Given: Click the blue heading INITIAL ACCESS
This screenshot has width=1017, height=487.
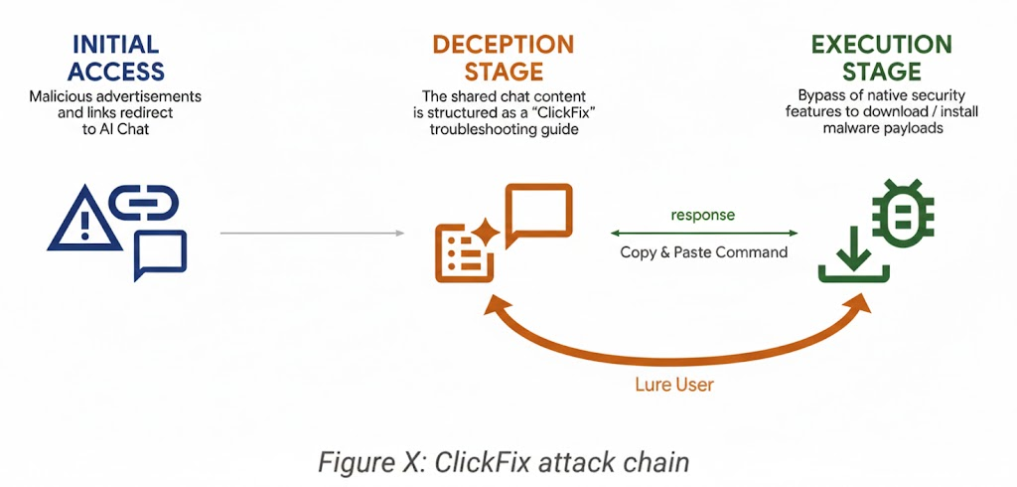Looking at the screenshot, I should click(115, 59).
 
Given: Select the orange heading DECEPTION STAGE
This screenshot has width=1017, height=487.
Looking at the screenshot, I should click(503, 59).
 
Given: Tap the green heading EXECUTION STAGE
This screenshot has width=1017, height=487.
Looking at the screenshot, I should click(881, 59).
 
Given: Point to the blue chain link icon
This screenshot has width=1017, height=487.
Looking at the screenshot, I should click(143, 203).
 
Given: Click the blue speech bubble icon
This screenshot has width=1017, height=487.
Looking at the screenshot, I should click(160, 254).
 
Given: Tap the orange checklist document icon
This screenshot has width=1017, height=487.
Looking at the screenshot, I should click(461, 253).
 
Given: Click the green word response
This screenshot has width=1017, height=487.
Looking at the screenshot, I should click(703, 215).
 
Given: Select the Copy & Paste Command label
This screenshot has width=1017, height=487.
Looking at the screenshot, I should click(703, 252).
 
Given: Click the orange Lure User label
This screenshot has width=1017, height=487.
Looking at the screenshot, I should click(673, 385).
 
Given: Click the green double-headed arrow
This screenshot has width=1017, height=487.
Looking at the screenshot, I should click(703, 234).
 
